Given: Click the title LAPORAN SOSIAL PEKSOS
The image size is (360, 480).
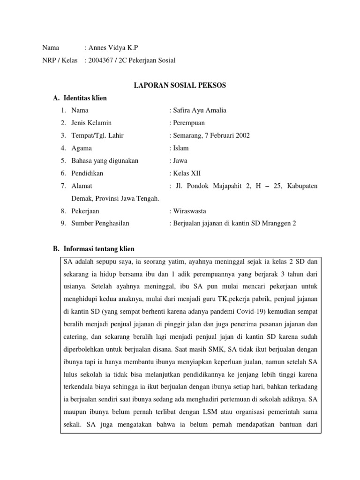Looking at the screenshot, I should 180,85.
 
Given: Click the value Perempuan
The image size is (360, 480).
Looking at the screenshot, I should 188,123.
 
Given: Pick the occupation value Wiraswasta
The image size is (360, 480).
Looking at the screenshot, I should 189,211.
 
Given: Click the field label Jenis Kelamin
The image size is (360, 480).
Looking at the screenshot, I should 91,123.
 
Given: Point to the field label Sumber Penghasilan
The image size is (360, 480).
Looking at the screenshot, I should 100,224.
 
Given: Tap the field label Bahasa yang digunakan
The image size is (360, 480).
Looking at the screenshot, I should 105,161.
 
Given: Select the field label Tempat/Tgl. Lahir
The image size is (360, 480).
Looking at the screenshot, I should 97,136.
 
